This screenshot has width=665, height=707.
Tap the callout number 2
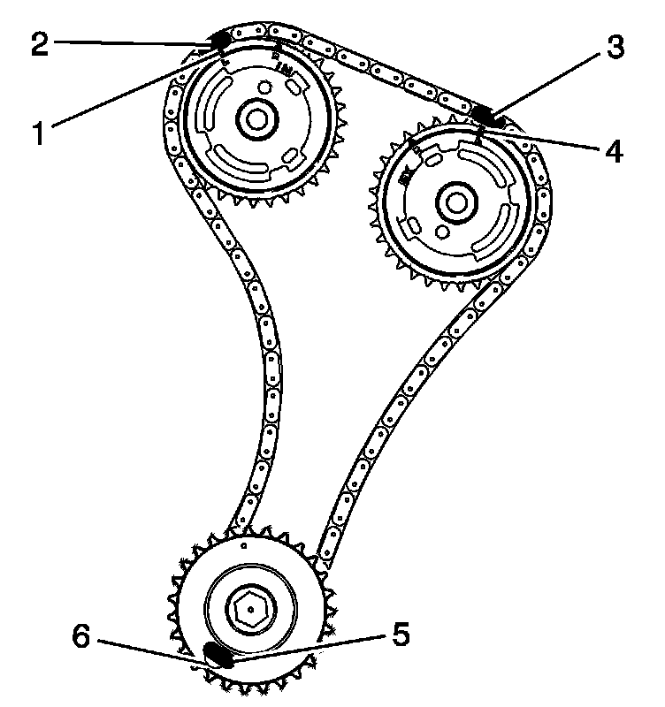pos(39,44)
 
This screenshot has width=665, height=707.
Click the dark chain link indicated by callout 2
pos(220,40)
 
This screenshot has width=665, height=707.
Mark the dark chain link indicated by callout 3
pos(485,114)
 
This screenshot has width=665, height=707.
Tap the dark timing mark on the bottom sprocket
pos(218,654)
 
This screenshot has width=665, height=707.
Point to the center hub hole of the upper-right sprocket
pos(456,203)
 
